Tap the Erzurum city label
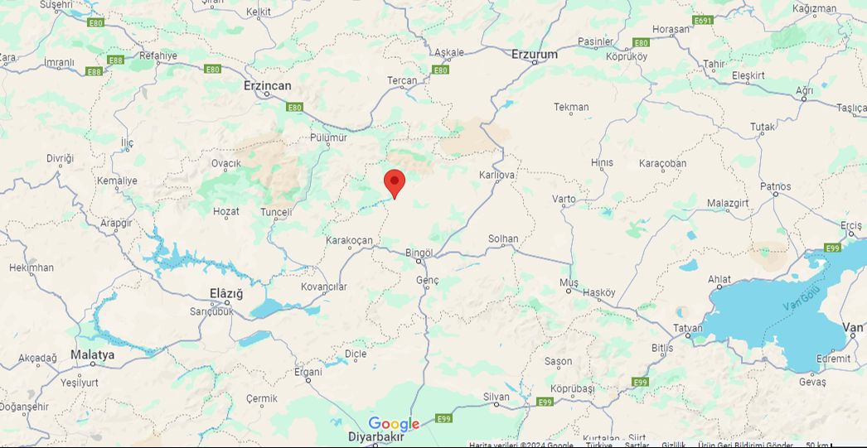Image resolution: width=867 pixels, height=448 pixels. coord(534,54)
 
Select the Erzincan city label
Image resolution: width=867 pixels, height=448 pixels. coord(267,85)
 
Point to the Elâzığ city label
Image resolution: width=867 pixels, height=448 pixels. coord(225,293)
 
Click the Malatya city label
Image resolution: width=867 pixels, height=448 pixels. coord(92,354)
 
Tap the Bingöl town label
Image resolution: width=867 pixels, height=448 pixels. coord(419,252)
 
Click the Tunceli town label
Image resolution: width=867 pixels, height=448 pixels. coord(276,212)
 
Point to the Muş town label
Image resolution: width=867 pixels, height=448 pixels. coord(568,282)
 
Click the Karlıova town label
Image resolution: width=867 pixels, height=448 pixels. coord(496,175)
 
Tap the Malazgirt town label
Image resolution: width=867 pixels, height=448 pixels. coord(729,203)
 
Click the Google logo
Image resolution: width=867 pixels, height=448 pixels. coord(394,424)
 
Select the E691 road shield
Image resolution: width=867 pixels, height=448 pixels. coord(703,20)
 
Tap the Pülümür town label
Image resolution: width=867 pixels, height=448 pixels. coord(328,137)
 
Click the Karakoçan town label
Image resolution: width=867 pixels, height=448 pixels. coord(349,240)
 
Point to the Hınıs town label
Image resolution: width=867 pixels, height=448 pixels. coord(602,162)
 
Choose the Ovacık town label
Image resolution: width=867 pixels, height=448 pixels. coord(225,163)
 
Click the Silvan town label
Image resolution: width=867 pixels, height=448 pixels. coord(496,397)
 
